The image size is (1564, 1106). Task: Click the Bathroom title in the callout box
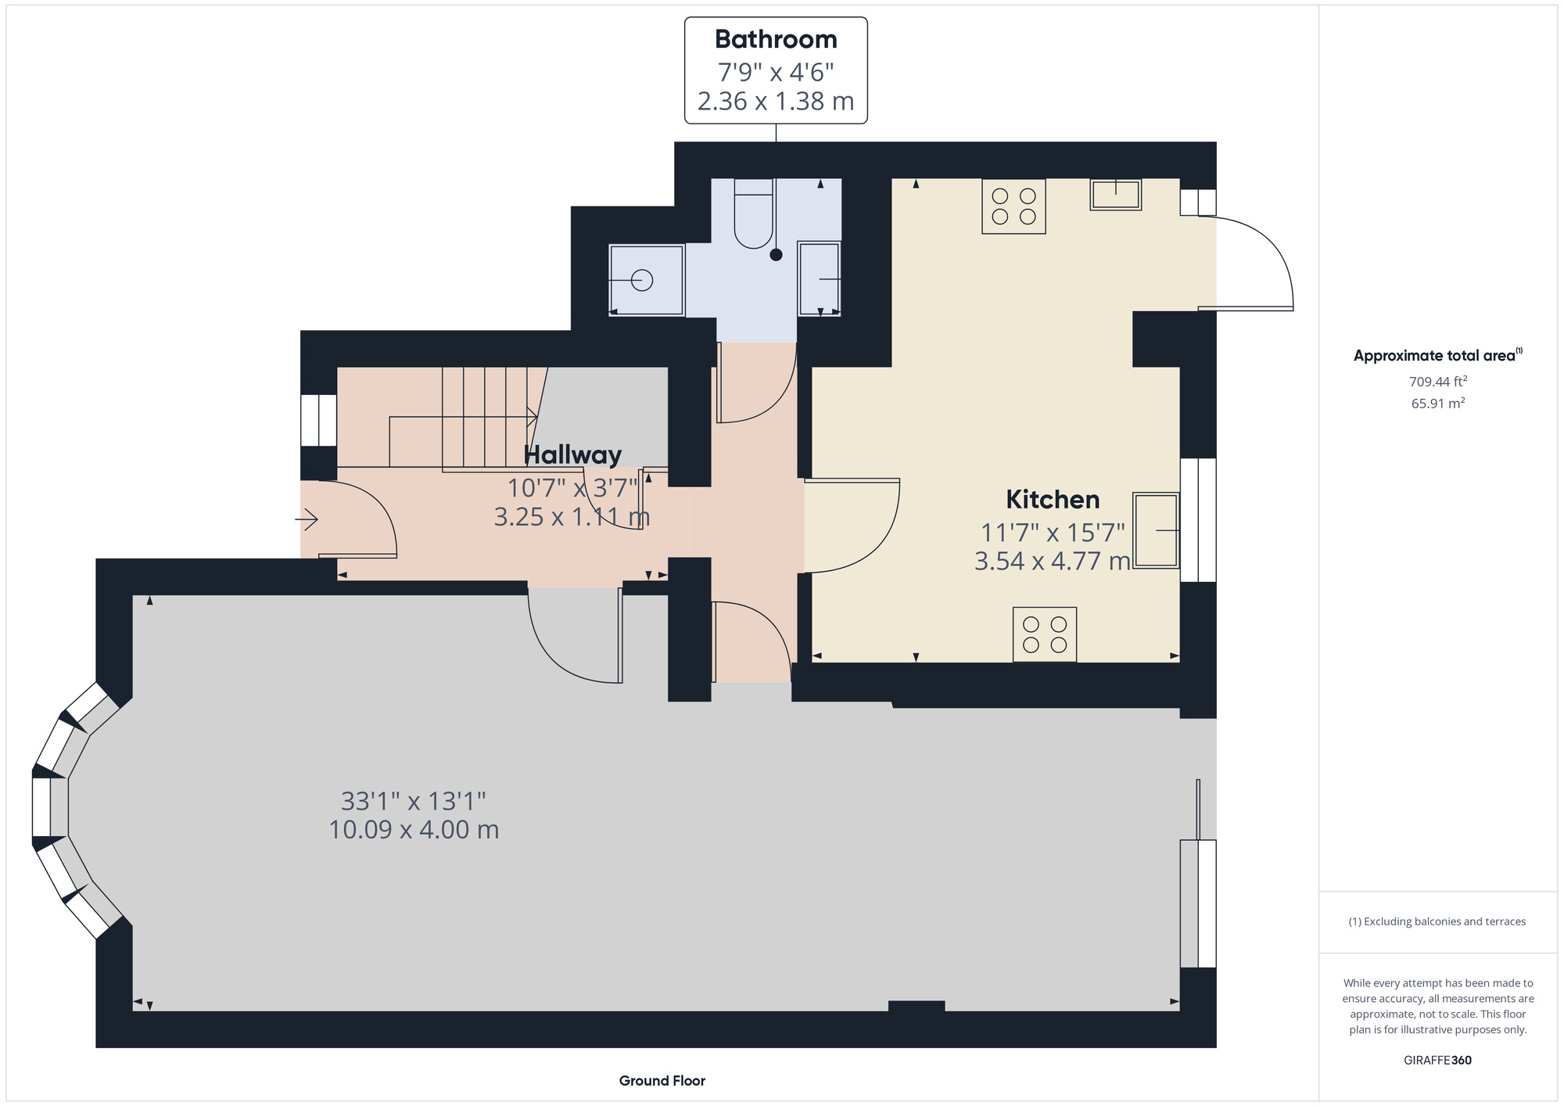(x=776, y=39)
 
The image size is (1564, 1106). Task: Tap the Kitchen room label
(x=1053, y=499)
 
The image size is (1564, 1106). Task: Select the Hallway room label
(x=572, y=454)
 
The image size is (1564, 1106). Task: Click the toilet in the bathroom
(x=754, y=214)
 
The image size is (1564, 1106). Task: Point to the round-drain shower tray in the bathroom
(x=646, y=280)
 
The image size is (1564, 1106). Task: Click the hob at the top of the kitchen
(x=1013, y=206)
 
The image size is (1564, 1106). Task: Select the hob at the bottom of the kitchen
(x=1045, y=634)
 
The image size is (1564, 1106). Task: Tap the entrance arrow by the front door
(x=307, y=519)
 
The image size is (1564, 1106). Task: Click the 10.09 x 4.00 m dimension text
(x=414, y=830)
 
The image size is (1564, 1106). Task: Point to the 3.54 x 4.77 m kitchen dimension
(x=1053, y=561)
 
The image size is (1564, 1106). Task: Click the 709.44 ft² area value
(x=1438, y=382)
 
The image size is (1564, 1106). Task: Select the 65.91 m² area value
(x=1438, y=404)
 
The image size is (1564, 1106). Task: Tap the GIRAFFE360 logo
(x=1438, y=1061)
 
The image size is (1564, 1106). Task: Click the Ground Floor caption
(x=662, y=1081)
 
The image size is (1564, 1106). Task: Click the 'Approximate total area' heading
(x=1438, y=355)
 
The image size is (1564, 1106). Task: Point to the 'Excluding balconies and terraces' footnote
(x=1437, y=921)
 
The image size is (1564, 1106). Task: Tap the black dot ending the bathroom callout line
(x=776, y=254)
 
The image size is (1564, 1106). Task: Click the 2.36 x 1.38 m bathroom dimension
(x=776, y=102)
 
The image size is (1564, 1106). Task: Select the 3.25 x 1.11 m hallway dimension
(x=572, y=517)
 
